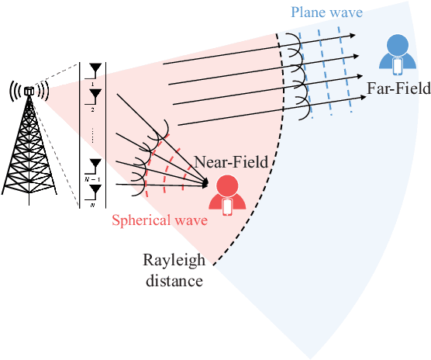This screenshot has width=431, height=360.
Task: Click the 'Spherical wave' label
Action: [x=160, y=220]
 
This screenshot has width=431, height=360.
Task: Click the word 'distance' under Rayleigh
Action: [x=174, y=279]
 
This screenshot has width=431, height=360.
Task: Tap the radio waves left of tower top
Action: [x=15, y=90]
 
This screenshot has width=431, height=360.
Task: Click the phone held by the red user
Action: [x=228, y=206]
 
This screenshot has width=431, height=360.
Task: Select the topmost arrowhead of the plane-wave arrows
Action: [x=353, y=36]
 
